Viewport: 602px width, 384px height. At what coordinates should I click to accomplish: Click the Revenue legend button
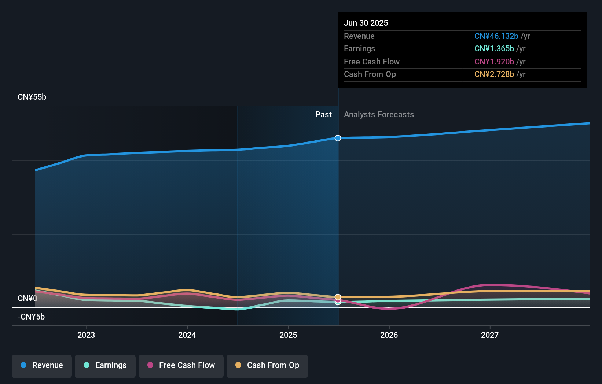[42, 366]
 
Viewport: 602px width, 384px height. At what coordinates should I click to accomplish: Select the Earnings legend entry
[105, 366]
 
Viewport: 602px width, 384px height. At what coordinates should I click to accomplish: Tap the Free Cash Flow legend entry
[181, 366]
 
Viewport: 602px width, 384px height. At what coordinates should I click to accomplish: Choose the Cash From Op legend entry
[267, 366]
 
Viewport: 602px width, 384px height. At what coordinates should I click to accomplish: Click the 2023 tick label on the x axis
[86, 335]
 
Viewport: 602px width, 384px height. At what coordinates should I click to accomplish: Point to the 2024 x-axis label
[187, 335]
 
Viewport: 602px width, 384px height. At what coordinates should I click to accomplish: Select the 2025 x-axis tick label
[288, 335]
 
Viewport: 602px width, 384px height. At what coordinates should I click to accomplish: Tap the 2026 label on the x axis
[389, 335]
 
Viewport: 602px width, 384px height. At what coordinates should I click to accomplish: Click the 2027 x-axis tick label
[490, 335]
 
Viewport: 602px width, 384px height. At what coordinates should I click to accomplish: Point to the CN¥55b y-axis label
[32, 97]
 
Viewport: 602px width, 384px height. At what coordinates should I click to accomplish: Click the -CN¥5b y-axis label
[31, 317]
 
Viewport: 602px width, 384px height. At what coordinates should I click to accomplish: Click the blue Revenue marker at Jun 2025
[338, 138]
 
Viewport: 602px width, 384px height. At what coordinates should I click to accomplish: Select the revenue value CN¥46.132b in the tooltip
[496, 36]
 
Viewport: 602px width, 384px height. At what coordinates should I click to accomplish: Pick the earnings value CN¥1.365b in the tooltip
[494, 49]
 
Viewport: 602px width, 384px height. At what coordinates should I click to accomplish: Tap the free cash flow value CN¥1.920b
[494, 62]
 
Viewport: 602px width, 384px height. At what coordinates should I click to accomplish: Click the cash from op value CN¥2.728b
[494, 74]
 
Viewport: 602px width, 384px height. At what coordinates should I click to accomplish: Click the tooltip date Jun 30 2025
[366, 23]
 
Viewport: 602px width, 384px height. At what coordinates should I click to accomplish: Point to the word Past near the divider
[323, 115]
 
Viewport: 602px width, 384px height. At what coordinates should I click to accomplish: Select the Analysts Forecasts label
[379, 115]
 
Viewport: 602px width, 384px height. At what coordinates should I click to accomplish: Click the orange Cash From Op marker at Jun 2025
[338, 297]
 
